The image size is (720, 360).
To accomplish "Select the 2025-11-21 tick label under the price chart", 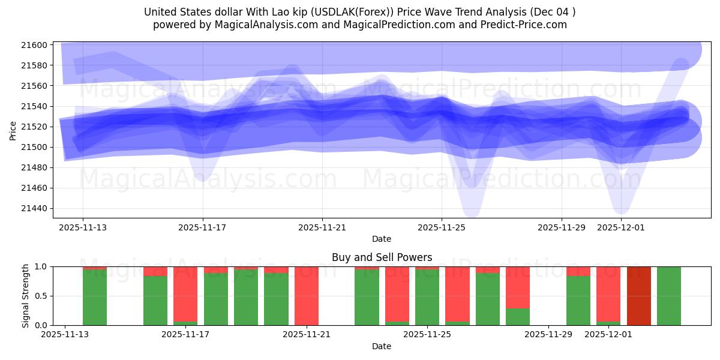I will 322,227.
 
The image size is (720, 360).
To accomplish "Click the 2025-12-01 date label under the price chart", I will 621,227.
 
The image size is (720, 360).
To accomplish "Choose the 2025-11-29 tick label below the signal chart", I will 548,335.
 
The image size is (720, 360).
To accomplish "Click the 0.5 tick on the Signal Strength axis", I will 41,296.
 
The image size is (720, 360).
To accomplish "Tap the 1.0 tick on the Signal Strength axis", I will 41,266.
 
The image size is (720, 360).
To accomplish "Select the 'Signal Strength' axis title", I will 26,296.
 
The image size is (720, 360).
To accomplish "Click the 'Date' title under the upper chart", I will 382,239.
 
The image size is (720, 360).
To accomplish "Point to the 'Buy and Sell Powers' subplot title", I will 382,257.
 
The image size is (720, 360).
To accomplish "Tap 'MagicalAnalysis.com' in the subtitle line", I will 259,25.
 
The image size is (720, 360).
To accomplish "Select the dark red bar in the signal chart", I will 638,296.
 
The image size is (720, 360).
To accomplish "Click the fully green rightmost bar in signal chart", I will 669,296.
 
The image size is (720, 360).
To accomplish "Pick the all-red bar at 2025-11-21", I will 307,296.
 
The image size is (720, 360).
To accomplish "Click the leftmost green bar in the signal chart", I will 95,298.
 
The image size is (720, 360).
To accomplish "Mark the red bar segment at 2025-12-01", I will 608,293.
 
